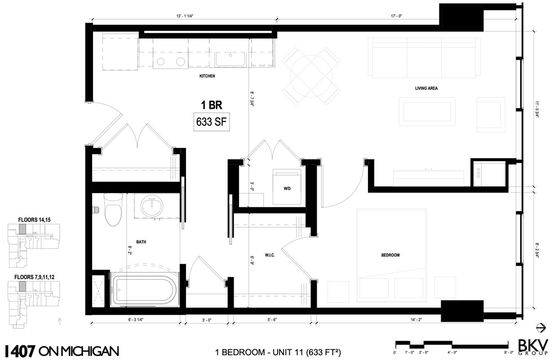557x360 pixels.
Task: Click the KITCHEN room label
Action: (x=207, y=76)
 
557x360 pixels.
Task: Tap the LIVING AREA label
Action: (x=426, y=88)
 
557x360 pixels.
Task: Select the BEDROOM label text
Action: (x=390, y=255)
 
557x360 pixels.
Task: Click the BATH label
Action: (x=141, y=242)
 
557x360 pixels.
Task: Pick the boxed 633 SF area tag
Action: (x=211, y=122)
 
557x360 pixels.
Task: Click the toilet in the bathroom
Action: (x=113, y=209)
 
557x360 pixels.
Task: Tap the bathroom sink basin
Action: (x=152, y=206)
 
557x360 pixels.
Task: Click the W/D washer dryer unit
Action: (x=287, y=188)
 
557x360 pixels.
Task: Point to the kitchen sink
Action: (x=230, y=59)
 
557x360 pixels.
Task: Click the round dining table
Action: (x=310, y=75)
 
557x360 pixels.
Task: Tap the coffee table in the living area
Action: (x=427, y=111)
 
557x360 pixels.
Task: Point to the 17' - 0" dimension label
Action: (x=396, y=16)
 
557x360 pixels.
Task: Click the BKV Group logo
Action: (x=533, y=347)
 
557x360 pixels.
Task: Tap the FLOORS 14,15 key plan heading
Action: (x=34, y=220)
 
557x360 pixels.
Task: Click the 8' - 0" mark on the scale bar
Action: (x=508, y=353)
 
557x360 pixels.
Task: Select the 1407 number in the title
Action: (x=20, y=351)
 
